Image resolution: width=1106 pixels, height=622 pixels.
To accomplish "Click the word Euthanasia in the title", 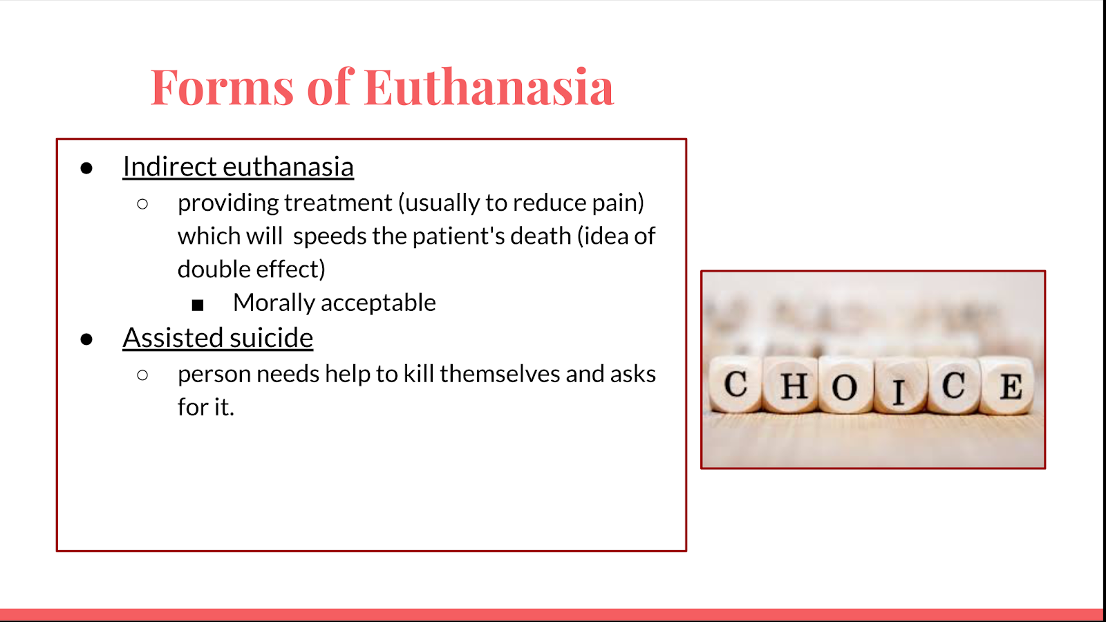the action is pyautogui.click(x=489, y=87).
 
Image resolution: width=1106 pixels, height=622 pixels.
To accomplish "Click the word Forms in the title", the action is pyautogui.click(x=222, y=87).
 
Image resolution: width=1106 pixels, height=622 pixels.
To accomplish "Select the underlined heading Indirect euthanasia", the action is pyautogui.click(x=238, y=167).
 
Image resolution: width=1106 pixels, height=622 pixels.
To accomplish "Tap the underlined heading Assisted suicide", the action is pyautogui.click(x=218, y=338).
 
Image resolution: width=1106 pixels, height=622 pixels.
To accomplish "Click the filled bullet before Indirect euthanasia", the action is pyautogui.click(x=86, y=169).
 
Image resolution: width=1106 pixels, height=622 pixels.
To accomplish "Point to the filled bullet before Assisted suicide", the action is pyautogui.click(x=86, y=339).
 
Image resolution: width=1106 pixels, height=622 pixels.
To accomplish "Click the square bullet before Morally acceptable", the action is pyautogui.click(x=198, y=305).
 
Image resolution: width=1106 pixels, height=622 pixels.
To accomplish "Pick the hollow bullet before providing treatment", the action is pyautogui.click(x=142, y=204).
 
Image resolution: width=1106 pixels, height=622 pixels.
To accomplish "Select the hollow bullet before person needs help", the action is pyautogui.click(x=142, y=375).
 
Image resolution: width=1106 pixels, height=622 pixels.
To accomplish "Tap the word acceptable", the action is pyautogui.click(x=378, y=302).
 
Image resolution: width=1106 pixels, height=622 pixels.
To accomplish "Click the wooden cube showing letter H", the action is pyautogui.click(x=791, y=385).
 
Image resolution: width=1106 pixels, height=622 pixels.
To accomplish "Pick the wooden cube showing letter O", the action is pyautogui.click(x=846, y=385).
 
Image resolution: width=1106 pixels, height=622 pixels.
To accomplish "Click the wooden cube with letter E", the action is pyautogui.click(x=1007, y=385).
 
